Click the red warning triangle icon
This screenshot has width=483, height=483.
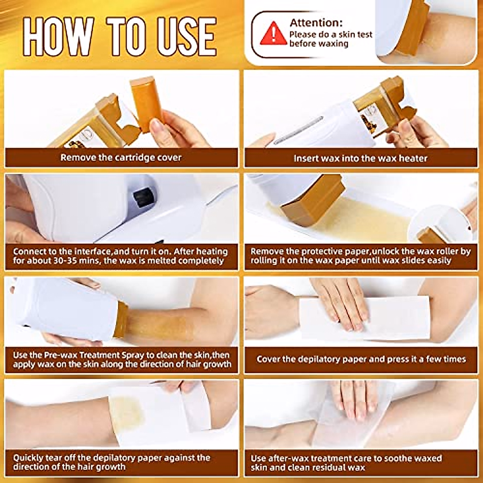[x=273, y=33]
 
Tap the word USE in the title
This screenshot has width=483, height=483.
[x=187, y=37]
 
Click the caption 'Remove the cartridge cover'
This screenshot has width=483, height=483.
[x=121, y=157]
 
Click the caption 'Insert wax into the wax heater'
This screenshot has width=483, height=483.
[x=360, y=158]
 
